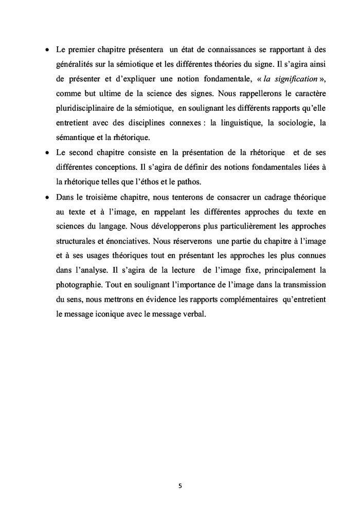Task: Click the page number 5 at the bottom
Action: [180, 484]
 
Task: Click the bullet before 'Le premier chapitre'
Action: [47, 52]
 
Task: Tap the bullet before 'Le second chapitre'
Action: [47, 153]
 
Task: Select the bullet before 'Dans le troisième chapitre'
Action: [47, 197]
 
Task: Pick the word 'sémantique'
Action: [76, 138]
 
